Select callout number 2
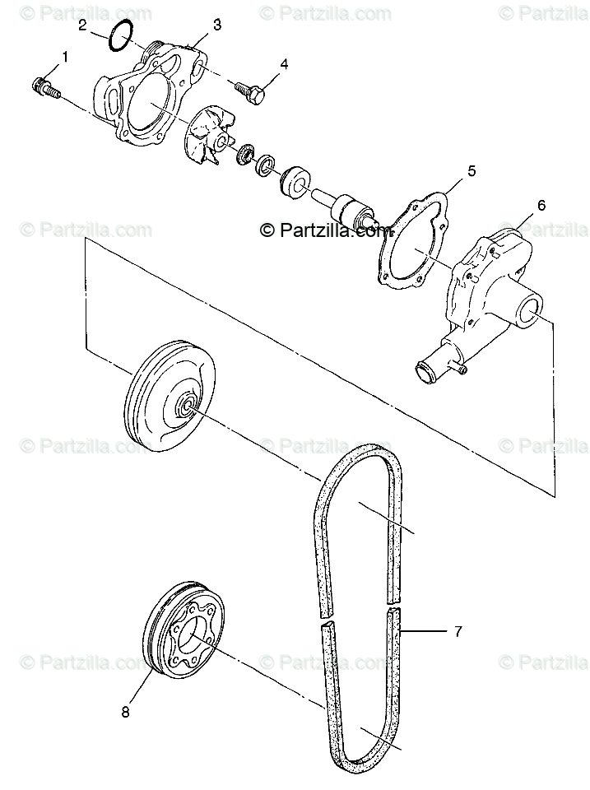[83, 25]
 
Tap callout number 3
[216, 25]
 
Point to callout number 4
[284, 64]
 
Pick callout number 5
[472, 171]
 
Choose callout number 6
[541, 205]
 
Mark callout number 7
[458, 632]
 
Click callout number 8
[126, 713]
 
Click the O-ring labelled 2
[122, 37]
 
